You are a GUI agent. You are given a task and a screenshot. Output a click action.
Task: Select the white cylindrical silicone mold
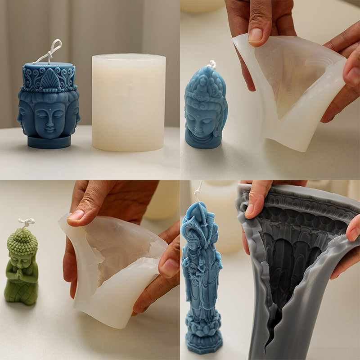(128, 103)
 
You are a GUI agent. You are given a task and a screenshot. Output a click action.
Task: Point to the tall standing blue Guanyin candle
(201, 279)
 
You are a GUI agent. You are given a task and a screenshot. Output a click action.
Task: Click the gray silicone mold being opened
(292, 270)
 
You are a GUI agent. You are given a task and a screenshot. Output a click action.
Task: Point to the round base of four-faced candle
(49, 142)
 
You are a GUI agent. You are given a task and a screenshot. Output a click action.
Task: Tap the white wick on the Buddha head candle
(211, 64)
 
